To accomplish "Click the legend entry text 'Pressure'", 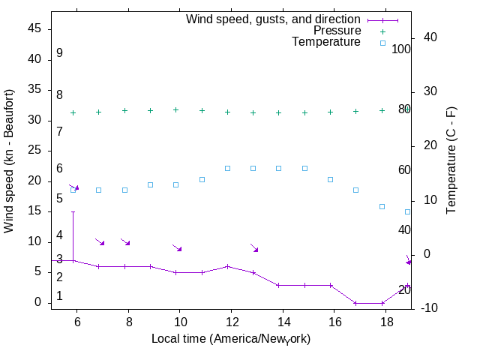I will [337, 31].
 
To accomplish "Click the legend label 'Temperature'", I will [326, 42].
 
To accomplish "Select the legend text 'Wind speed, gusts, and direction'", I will [273, 19].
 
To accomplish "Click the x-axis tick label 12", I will [231, 321].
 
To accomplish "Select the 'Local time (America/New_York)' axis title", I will [231, 339].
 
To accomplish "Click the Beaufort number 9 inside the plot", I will [59, 53].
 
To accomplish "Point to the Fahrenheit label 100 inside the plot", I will [401, 49].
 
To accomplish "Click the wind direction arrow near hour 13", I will [254, 247].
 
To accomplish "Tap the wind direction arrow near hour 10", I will [177, 247].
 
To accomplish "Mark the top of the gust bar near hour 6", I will [73, 211].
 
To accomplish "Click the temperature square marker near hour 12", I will [227, 168].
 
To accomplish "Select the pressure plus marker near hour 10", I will [175, 109].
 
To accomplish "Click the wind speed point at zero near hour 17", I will [356, 303].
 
